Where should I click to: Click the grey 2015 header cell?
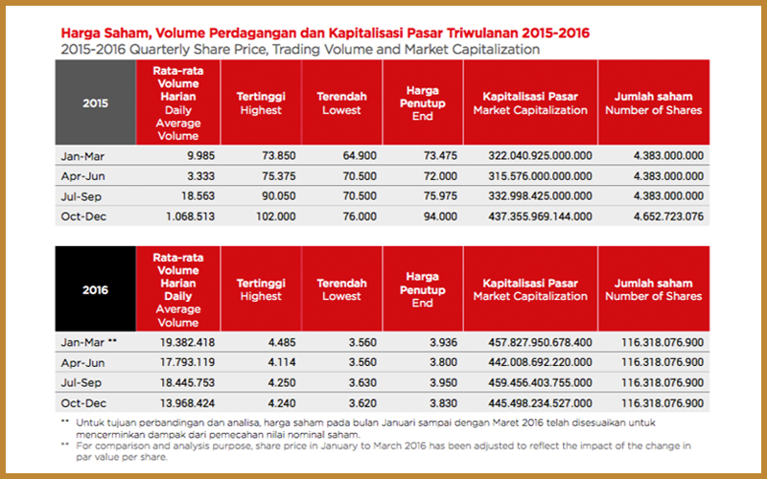95,103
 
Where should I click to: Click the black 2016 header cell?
95,289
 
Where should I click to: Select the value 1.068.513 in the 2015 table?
190,217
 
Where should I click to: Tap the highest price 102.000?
276,217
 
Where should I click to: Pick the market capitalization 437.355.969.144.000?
540,217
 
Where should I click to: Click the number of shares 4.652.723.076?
668,217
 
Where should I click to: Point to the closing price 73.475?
440,156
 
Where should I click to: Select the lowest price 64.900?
360,156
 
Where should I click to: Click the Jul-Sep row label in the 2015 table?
81,196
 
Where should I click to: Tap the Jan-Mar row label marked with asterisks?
89,343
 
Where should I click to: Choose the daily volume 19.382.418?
187,343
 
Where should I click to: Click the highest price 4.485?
282,343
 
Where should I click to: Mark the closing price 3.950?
443,382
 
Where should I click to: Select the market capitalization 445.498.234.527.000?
540,403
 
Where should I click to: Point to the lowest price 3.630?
362,382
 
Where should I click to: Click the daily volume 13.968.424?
187,403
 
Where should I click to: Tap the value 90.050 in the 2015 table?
279,196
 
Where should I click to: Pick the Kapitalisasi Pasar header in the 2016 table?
530,283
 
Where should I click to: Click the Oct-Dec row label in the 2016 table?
83,403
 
